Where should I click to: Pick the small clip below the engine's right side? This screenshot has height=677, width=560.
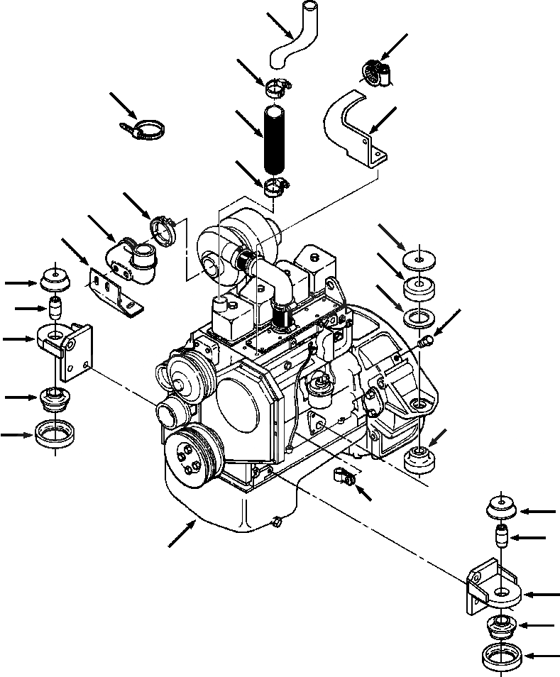point(343,476)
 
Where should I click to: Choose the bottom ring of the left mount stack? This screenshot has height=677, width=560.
point(55,434)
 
